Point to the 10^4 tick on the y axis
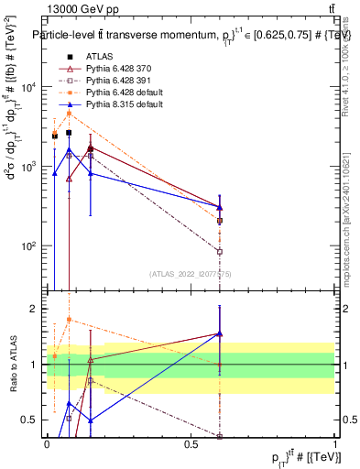tap(30, 87)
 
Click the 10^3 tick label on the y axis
tap(30, 167)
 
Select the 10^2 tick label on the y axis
tap(30, 246)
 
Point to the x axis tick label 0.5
tap(191, 443)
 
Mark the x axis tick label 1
tap(335, 443)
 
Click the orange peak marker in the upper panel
tap(69, 113)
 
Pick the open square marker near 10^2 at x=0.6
tap(220, 251)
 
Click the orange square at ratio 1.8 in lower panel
tap(69, 320)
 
